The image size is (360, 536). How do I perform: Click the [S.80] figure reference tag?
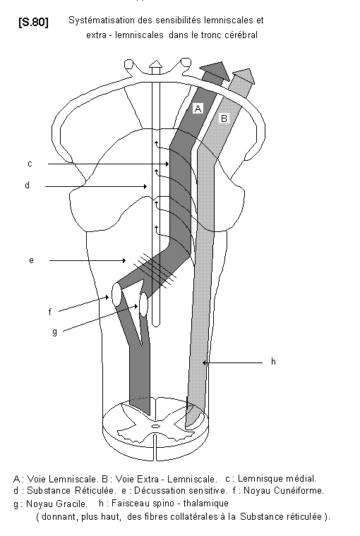(33, 23)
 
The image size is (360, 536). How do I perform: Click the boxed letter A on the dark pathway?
(198, 109)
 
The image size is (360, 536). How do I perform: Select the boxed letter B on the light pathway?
(224, 118)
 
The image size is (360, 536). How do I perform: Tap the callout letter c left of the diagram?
(30, 164)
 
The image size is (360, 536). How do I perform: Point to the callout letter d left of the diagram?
(27, 185)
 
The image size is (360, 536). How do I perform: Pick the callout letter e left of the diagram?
(31, 260)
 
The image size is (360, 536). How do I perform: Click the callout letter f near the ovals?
(50, 312)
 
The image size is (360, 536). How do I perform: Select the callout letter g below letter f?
(55, 331)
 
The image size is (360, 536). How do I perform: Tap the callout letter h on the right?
(273, 361)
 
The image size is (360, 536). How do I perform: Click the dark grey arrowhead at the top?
(215, 71)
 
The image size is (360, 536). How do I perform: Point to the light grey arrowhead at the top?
(244, 77)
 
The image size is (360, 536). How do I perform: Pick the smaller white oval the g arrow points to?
(143, 304)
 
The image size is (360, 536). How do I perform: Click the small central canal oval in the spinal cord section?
(155, 426)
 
